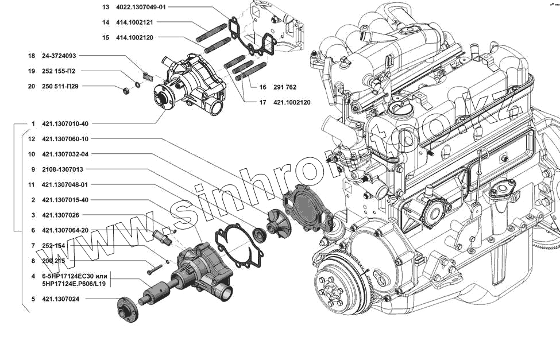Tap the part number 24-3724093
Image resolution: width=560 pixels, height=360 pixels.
point(59,56)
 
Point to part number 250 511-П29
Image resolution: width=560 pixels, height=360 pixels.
point(62,86)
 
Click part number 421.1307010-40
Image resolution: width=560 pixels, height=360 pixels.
point(65,123)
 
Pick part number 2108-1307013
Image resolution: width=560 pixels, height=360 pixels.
point(63,169)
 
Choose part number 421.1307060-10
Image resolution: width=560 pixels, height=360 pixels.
point(65,139)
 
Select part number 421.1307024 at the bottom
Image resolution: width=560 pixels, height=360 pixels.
point(60,299)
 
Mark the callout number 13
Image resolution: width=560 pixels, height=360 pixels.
point(106,7)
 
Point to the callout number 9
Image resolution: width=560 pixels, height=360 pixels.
point(33,169)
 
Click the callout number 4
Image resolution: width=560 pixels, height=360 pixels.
point(33,276)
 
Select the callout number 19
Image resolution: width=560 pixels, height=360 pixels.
point(32,71)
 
